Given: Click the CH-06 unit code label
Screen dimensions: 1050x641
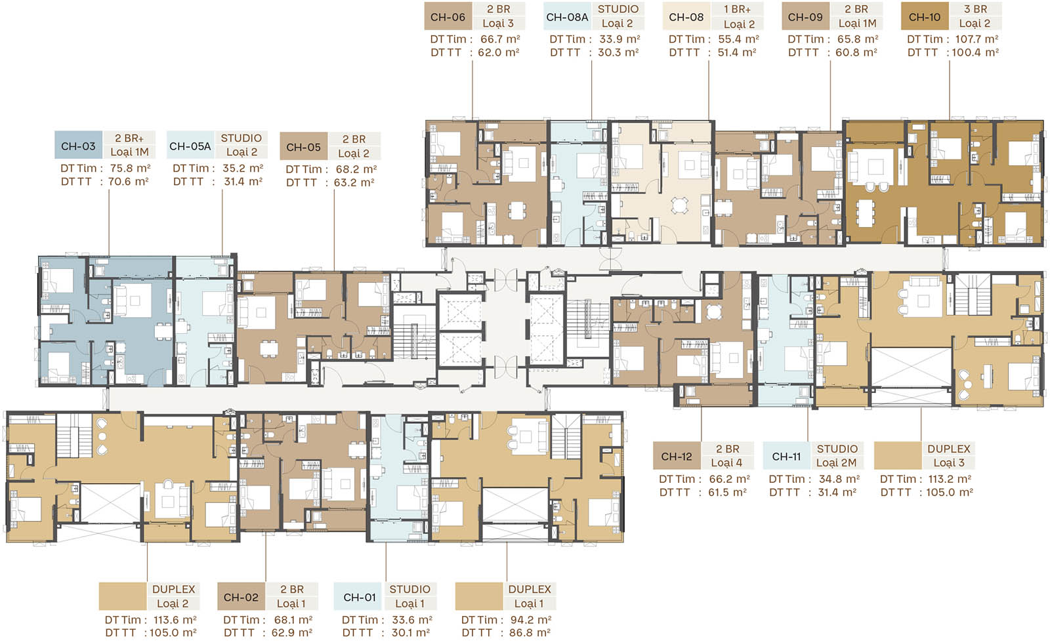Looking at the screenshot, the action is pyautogui.click(x=448, y=17).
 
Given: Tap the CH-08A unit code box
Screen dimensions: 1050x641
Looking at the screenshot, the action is pyautogui.click(x=567, y=17).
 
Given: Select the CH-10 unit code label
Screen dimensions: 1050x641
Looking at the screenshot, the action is pyautogui.click(x=925, y=17).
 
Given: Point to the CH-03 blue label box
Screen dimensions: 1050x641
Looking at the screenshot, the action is pyautogui.click(x=78, y=146).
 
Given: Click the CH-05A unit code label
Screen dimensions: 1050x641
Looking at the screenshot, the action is pyautogui.click(x=190, y=146).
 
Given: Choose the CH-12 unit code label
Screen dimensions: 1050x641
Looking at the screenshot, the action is pyautogui.click(x=677, y=456).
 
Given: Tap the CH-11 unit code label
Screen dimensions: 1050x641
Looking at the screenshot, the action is pyautogui.click(x=787, y=456).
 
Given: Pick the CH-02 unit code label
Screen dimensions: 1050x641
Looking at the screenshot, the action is pyautogui.click(x=241, y=597).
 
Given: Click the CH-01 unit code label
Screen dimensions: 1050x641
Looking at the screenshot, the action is pyautogui.click(x=360, y=597).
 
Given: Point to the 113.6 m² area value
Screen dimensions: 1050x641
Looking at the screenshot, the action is pyautogui.click(x=175, y=620).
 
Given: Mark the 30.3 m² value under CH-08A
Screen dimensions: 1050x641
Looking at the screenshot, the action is pyautogui.click(x=618, y=52).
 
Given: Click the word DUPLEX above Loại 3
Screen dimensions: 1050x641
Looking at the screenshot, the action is pyautogui.click(x=949, y=448).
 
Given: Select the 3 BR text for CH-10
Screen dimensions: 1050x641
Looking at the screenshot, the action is pyautogui.click(x=975, y=9).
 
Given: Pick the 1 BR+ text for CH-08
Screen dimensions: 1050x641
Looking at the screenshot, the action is pyautogui.click(x=738, y=9).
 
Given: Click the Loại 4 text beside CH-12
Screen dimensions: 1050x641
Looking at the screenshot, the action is pyautogui.click(x=726, y=463).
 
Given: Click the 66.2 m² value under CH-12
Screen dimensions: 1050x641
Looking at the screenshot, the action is pyautogui.click(x=729, y=479).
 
